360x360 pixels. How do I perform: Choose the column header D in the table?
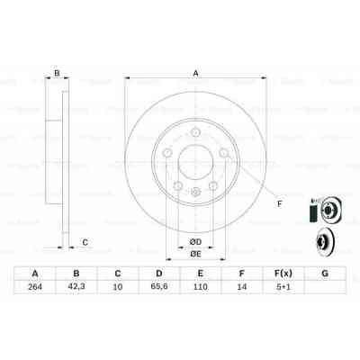159,274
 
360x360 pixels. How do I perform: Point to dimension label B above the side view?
57,74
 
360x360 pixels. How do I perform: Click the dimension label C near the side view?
85,240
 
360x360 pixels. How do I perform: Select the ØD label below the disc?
194,239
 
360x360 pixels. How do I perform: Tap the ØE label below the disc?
194,254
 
